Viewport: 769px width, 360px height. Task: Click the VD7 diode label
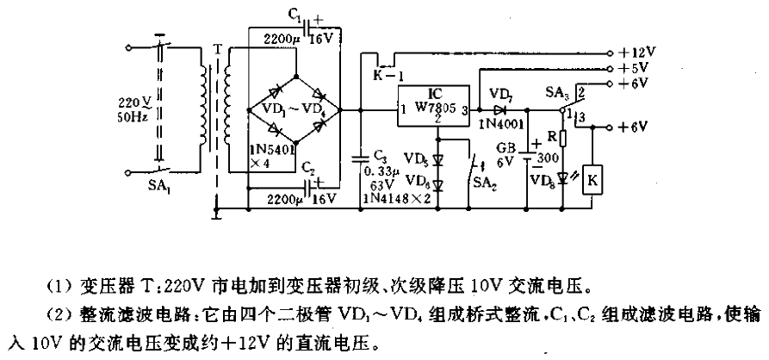pos(499,93)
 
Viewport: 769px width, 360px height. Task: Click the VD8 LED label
pos(543,181)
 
